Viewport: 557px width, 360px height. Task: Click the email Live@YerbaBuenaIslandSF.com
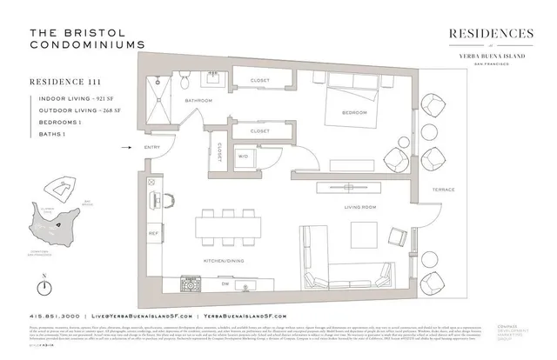(139, 316)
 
